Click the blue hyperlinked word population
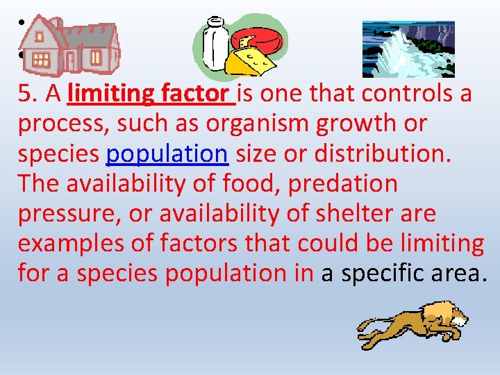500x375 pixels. tap(167, 153)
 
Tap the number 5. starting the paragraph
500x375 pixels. tap(29, 93)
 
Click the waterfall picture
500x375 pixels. tap(408, 49)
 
